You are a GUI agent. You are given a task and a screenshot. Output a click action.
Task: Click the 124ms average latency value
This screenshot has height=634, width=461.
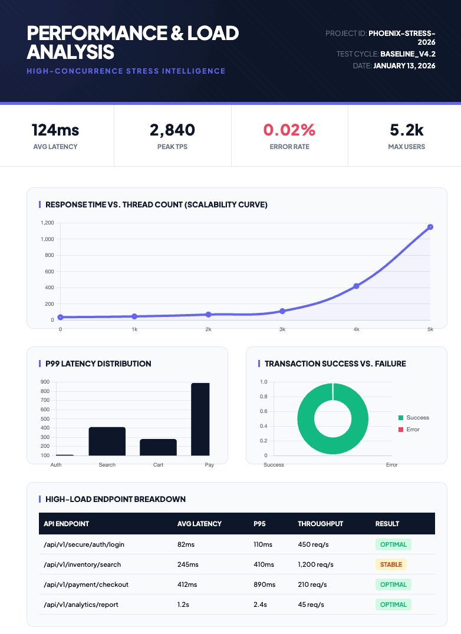pyautogui.click(x=55, y=130)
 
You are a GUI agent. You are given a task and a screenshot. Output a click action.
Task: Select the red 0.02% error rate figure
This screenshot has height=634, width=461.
pyautogui.click(x=289, y=130)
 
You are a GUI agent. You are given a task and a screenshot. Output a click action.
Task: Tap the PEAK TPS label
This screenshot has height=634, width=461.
pyautogui.click(x=173, y=147)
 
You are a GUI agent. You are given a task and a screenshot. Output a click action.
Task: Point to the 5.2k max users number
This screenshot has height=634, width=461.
pyautogui.click(x=407, y=130)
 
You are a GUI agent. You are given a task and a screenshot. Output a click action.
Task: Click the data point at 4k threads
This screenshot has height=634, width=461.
pyautogui.click(x=356, y=286)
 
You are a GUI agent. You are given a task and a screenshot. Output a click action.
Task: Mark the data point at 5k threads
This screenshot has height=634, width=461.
pyautogui.click(x=430, y=227)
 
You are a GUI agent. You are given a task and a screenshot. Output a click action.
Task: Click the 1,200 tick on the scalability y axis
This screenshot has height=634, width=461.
pyautogui.click(x=48, y=223)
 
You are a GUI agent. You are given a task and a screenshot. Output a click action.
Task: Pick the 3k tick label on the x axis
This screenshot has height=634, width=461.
pyautogui.click(x=282, y=329)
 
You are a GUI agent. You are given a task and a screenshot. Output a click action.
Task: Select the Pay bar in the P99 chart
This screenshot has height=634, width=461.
pyautogui.click(x=200, y=419)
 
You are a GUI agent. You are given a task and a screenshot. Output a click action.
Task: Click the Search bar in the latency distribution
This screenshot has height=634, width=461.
pyautogui.click(x=107, y=441)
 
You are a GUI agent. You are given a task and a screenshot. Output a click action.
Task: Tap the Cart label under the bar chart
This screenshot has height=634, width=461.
pyautogui.click(x=158, y=465)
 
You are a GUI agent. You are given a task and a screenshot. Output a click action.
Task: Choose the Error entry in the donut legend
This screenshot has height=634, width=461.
pyautogui.click(x=413, y=430)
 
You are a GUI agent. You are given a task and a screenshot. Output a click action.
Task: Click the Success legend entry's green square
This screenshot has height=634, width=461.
pyautogui.click(x=401, y=418)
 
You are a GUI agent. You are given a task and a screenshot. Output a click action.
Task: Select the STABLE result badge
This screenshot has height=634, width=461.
pyautogui.click(x=391, y=564)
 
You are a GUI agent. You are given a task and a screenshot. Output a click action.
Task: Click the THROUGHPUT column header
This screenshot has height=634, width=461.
pyautogui.click(x=320, y=524)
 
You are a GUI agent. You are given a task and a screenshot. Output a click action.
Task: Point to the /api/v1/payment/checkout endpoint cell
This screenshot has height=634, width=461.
pyautogui.click(x=86, y=585)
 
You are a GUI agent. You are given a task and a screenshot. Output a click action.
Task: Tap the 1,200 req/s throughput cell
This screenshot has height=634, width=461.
pyautogui.click(x=315, y=564)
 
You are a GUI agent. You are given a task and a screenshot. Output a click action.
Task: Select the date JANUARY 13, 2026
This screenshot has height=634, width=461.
pyautogui.click(x=404, y=65)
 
